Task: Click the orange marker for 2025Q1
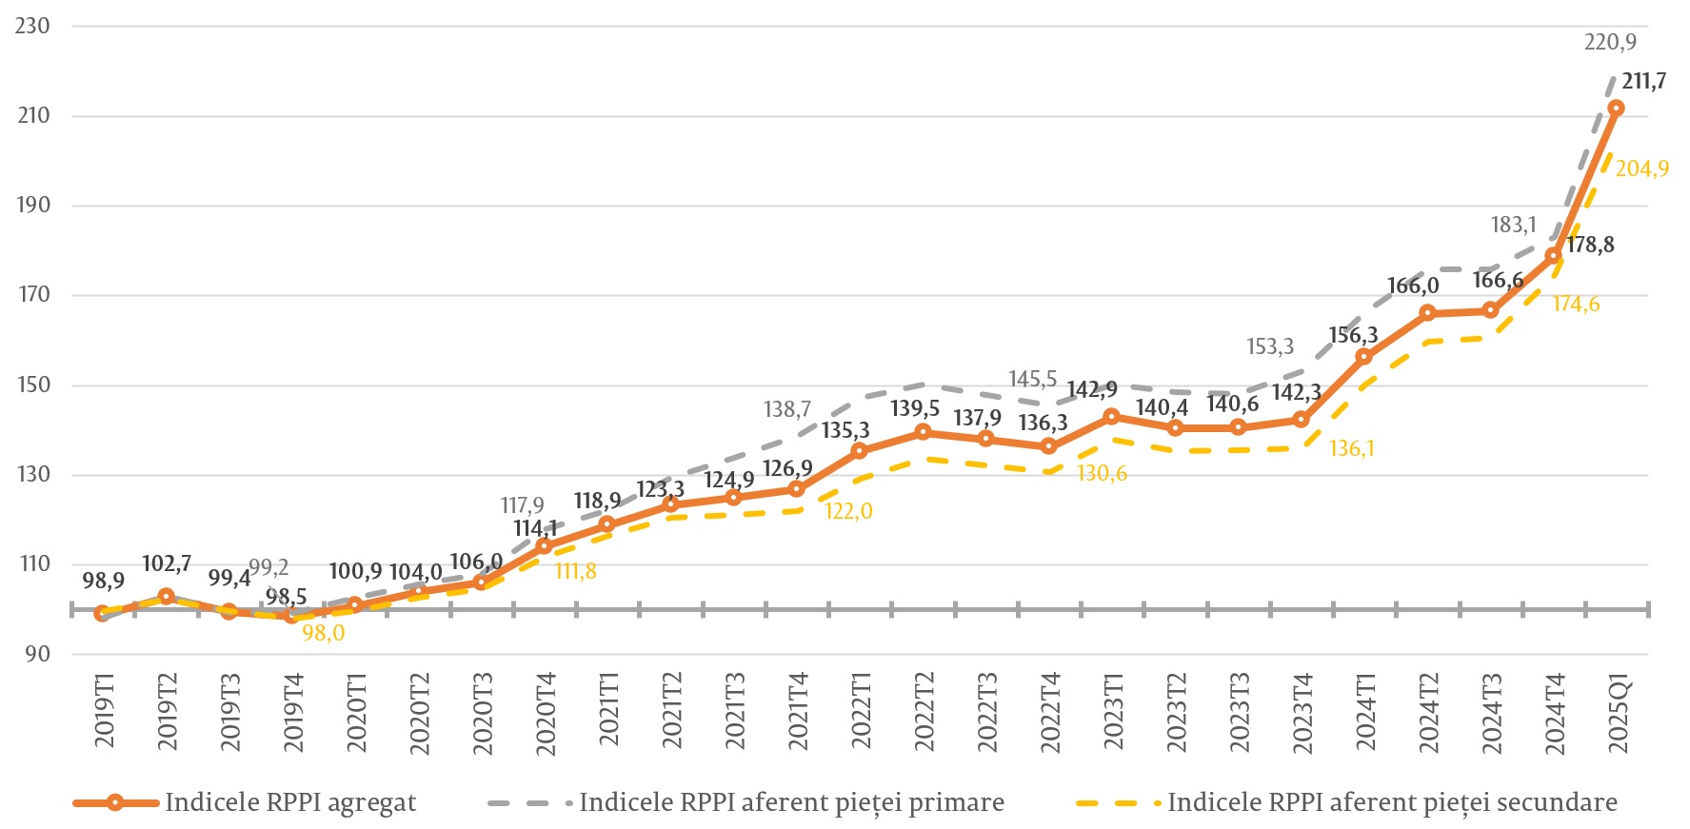[1616, 109]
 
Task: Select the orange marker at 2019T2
[166, 597]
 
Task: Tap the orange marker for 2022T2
[923, 432]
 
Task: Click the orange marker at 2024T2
[1427, 313]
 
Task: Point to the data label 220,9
[1610, 42]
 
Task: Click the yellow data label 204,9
[1641, 169]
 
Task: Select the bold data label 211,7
[1644, 82]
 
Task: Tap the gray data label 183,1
[1513, 226]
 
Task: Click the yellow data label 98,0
[324, 633]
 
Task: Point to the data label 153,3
[1270, 347]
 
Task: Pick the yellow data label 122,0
[848, 512]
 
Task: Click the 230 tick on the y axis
[32, 27]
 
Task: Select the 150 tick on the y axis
[32, 385]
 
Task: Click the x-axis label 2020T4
[546, 714]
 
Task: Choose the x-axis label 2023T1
[1113, 714]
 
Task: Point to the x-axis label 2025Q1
[1618, 714]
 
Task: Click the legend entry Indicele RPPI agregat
[290, 803]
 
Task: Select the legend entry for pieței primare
[791, 803]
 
